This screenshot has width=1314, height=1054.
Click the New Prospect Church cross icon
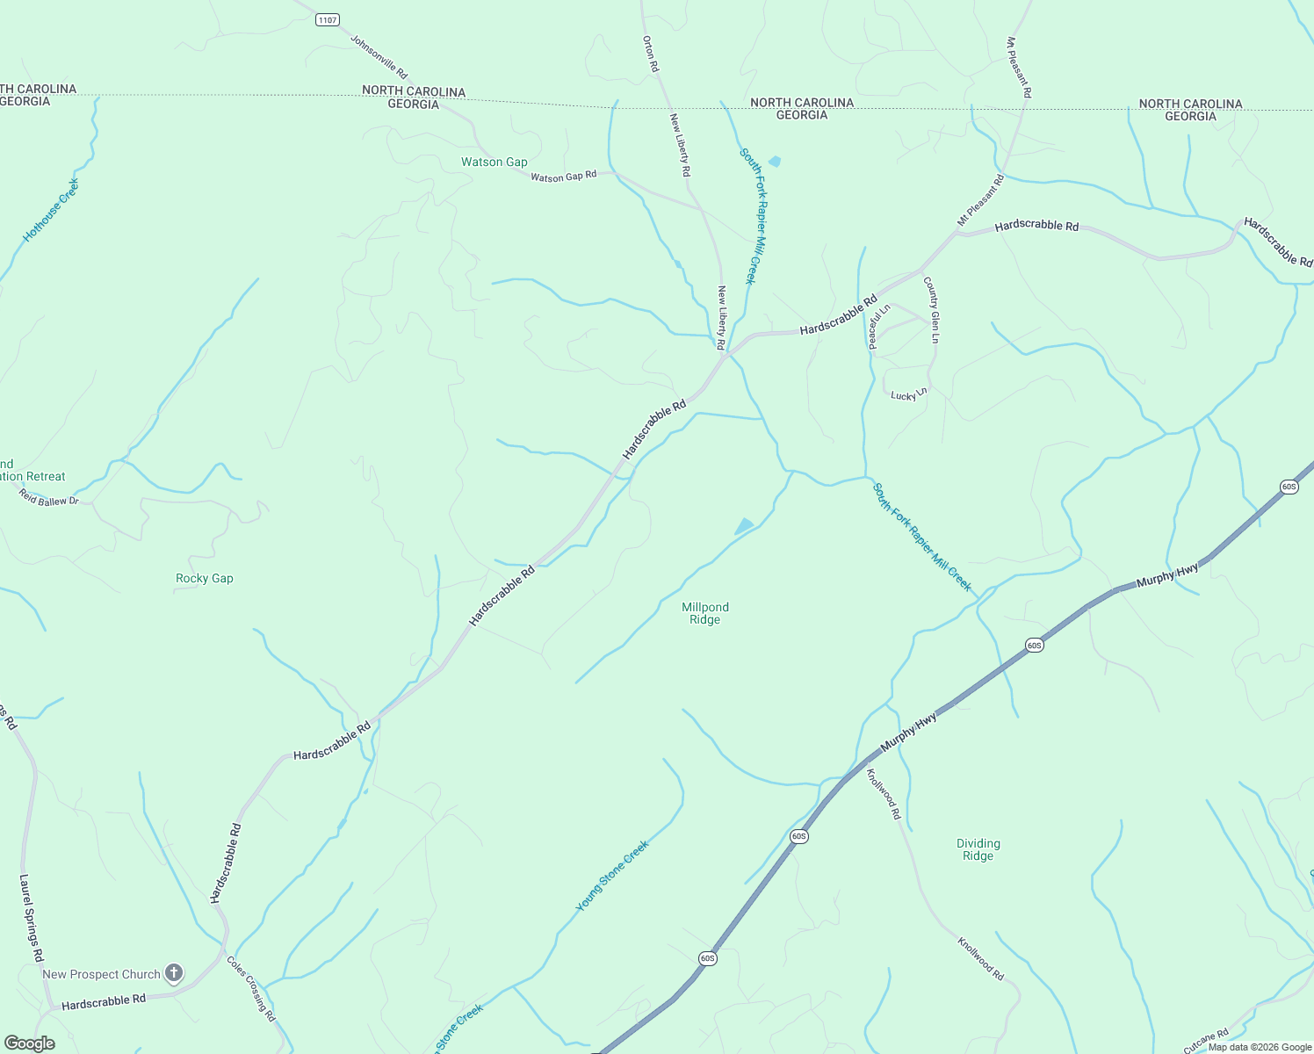tap(174, 972)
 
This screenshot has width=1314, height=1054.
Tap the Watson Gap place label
tap(495, 162)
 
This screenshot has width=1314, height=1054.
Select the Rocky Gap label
tap(205, 578)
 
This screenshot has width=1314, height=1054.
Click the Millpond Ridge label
tap(705, 613)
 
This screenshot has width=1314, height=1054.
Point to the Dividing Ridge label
tap(978, 849)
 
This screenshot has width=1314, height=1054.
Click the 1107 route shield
tap(328, 20)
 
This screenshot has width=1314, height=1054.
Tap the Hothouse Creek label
tap(51, 210)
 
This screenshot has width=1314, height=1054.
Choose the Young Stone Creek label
tap(612, 876)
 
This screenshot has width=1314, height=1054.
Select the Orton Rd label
tap(650, 54)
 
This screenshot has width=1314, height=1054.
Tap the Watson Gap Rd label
tap(563, 177)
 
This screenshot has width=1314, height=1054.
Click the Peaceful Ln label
tap(879, 326)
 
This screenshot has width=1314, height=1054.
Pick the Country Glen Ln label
tap(933, 310)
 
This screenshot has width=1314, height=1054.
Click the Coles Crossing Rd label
tap(251, 988)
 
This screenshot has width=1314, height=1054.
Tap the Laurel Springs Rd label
tap(32, 918)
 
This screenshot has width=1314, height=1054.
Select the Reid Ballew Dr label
tap(49, 497)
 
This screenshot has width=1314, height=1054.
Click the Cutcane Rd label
tap(1205, 1042)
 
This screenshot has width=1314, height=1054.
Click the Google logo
tap(29, 1043)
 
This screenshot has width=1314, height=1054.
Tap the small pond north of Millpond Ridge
tap(745, 525)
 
